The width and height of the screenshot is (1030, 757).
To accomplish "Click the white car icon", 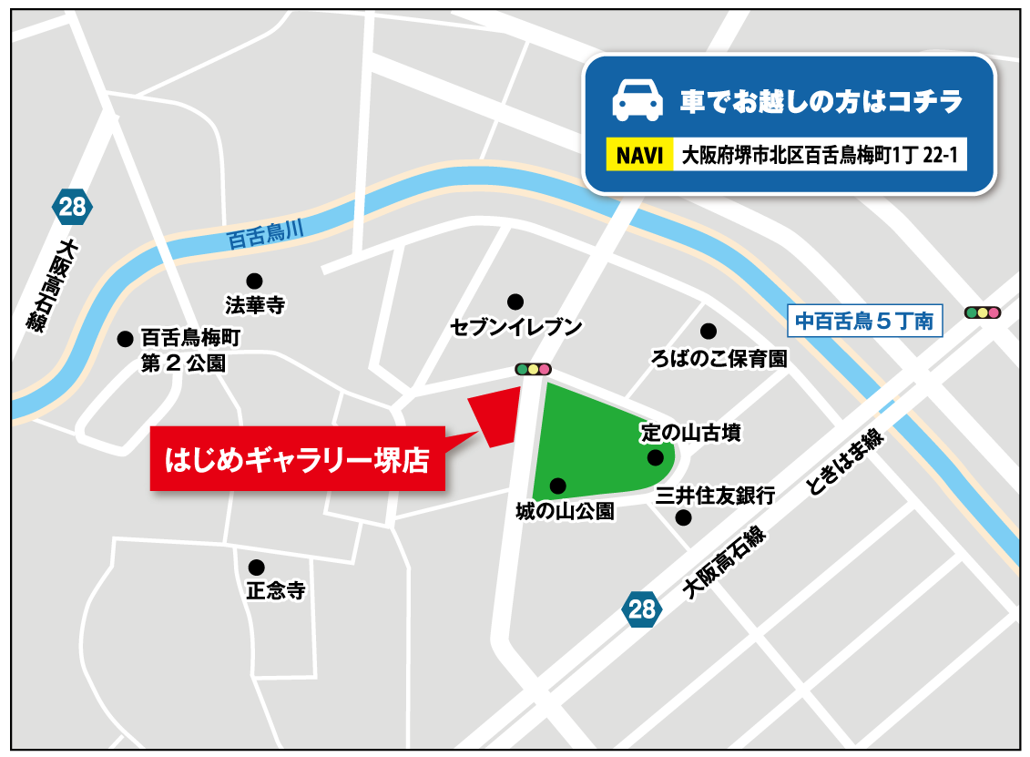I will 637,100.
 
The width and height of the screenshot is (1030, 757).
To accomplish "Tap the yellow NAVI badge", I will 639,155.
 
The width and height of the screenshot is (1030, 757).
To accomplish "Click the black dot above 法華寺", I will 254,280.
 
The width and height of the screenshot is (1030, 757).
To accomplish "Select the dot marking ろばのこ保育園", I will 708,331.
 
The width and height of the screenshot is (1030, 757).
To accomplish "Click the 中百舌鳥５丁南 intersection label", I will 864,321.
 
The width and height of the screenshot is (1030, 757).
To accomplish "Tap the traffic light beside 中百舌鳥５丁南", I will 982,312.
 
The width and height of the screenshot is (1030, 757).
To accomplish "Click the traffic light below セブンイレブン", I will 533,369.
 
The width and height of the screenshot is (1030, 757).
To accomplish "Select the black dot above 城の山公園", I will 557,486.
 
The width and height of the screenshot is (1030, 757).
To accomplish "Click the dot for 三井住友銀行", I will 683,517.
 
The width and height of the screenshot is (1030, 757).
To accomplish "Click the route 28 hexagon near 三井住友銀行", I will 641,609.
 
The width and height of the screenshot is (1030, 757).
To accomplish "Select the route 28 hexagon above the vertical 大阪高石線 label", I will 71,207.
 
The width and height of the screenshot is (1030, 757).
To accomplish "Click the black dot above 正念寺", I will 257,567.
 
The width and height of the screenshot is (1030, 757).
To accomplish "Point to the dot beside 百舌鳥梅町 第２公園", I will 125,339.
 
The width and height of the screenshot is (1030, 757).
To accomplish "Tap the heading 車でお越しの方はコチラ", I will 821,102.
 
